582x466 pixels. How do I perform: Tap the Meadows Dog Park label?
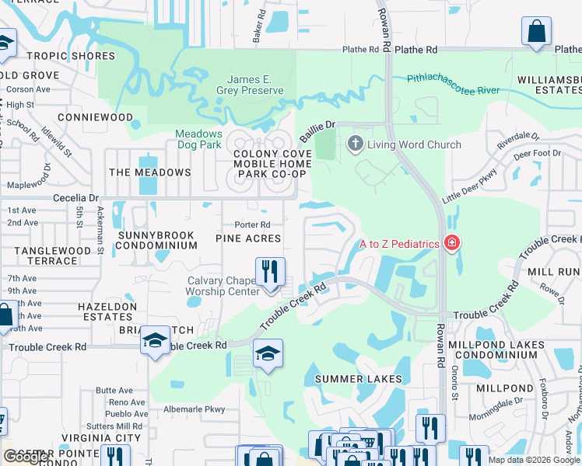click(198, 139)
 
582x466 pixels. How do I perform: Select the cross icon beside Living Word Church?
click(356, 144)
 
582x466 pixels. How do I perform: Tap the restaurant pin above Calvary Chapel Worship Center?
click(270, 273)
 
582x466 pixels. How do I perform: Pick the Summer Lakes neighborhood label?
click(358, 379)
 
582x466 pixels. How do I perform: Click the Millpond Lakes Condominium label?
click(496, 349)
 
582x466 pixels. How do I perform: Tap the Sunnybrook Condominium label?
click(156, 239)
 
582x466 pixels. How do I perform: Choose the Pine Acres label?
click(247, 238)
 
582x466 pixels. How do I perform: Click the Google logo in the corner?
click(26, 457)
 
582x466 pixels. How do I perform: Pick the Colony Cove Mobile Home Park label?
click(273, 164)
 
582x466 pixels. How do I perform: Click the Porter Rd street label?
click(252, 225)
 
